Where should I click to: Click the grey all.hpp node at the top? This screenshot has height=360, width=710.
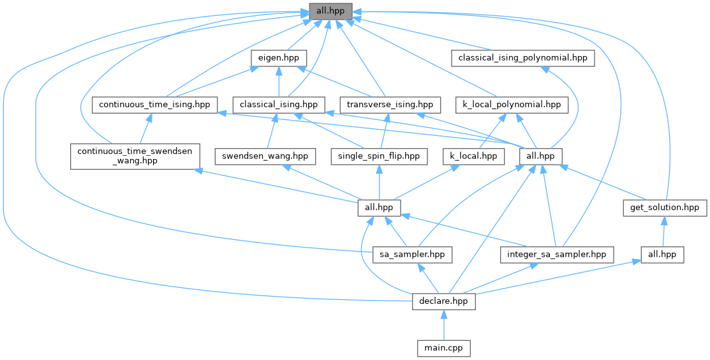point(330,11)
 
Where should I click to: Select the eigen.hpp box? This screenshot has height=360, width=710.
point(278,57)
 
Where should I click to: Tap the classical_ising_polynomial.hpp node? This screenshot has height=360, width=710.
point(522,57)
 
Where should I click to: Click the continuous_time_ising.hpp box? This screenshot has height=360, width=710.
point(154,104)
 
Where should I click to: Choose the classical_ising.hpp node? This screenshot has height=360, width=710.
point(279,104)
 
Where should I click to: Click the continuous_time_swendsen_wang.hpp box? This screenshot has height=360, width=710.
point(134,156)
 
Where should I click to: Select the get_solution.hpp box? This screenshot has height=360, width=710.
point(665,207)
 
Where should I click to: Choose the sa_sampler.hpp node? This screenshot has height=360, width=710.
point(412,255)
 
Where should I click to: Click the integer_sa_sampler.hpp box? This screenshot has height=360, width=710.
point(556,255)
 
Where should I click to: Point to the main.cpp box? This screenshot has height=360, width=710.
point(443,348)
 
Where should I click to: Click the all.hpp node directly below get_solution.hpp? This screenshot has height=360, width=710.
point(662,255)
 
